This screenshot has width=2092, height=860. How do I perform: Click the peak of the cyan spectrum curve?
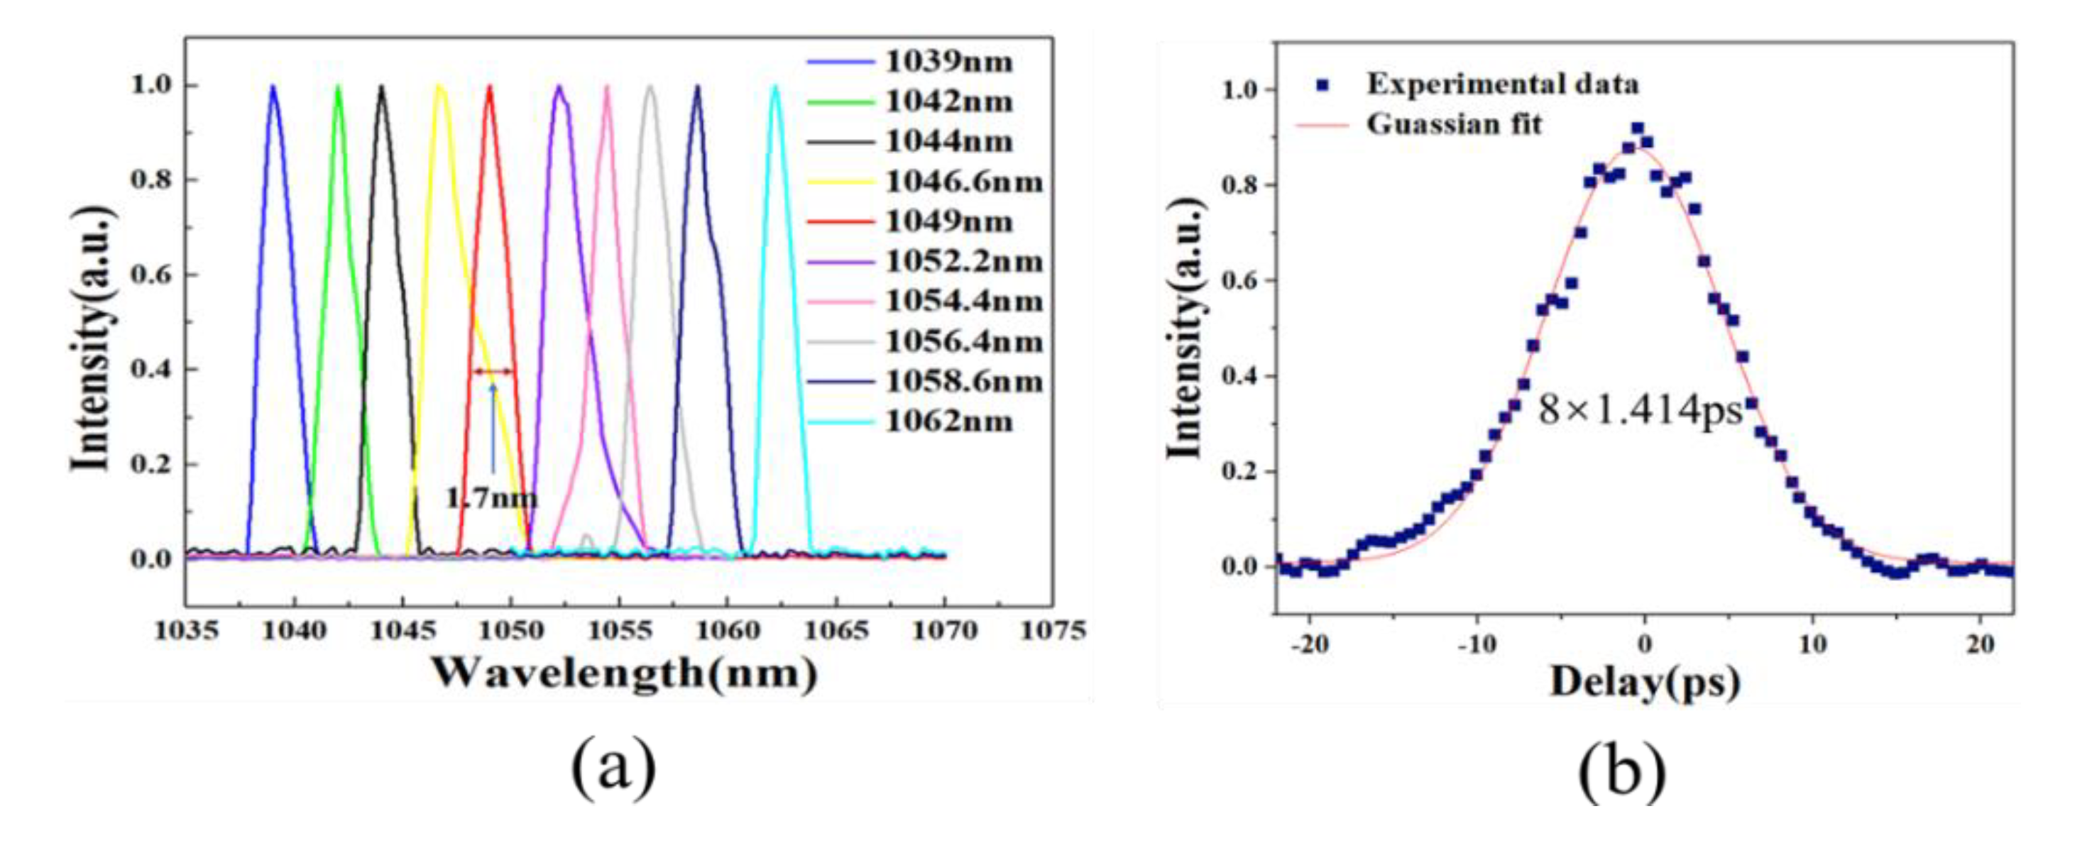pyautogui.click(x=774, y=87)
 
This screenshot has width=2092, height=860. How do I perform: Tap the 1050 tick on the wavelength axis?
pyautogui.click(x=511, y=631)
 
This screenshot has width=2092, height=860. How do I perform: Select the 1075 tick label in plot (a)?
pyautogui.click(x=1053, y=631)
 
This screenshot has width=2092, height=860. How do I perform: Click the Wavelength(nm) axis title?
pyautogui.click(x=624, y=674)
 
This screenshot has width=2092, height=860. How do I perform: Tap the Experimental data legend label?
pyautogui.click(x=1502, y=84)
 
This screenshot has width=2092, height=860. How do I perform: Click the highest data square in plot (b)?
pyautogui.click(x=1637, y=128)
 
